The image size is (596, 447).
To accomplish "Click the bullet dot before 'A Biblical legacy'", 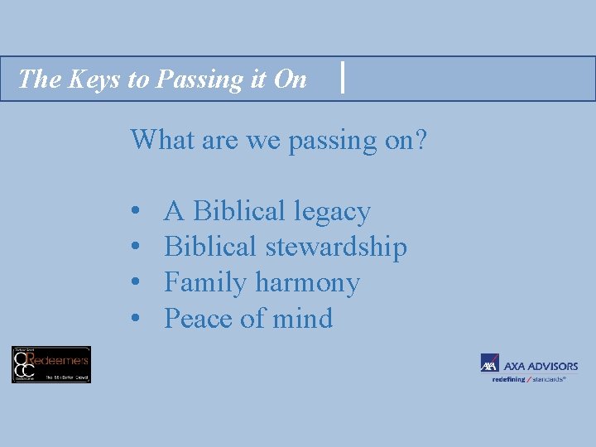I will pyautogui.click(x=135, y=213).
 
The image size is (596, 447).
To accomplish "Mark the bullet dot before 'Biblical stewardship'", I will pyautogui.click(x=135, y=248).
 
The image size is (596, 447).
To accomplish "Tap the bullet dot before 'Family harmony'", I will pyautogui.click(x=135, y=284).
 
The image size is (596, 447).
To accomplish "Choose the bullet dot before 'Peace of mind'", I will pyautogui.click(x=135, y=320).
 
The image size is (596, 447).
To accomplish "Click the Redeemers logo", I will pyautogui.click(x=50, y=364).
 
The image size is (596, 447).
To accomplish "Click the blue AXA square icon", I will pyautogui.click(x=489, y=363).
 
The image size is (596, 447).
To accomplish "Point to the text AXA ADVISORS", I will pyautogui.click(x=541, y=366).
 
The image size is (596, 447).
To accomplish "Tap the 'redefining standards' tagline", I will pyautogui.click(x=529, y=379).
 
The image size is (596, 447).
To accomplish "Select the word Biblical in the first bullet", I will pyautogui.click(x=242, y=212).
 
